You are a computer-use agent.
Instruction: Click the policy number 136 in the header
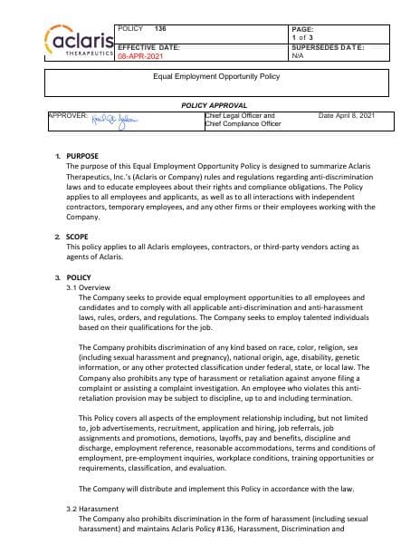[x=160, y=30]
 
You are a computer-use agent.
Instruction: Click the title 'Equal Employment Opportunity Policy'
[x=209, y=78]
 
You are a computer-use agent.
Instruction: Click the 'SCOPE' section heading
[x=78, y=236]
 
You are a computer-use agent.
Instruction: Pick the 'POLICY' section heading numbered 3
[x=79, y=277]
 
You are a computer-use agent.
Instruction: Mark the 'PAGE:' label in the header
[x=302, y=29]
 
